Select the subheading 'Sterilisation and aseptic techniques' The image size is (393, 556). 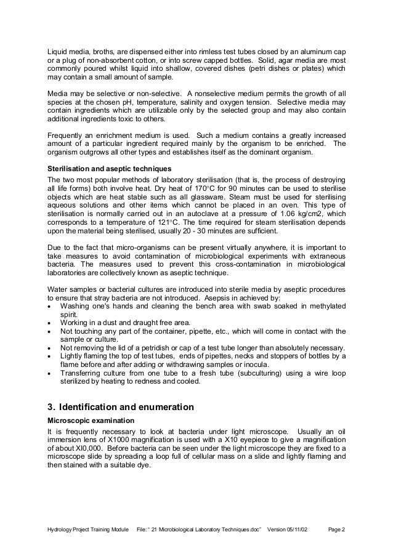110,167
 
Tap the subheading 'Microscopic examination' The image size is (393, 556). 90,419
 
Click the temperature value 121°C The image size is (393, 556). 183,222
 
